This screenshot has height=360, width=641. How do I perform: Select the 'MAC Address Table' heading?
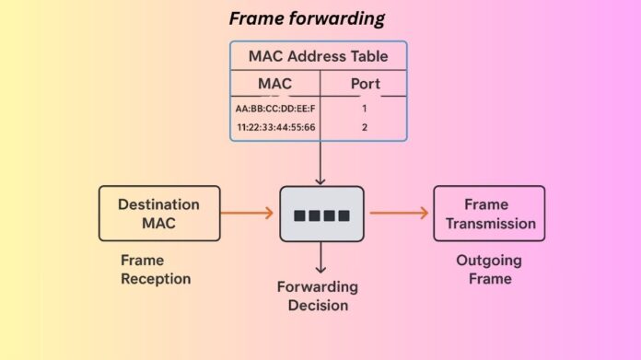pyautogui.click(x=318, y=56)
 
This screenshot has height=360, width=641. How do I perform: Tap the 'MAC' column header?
pyautogui.click(x=274, y=84)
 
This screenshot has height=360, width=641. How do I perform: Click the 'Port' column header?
pyautogui.click(x=365, y=84)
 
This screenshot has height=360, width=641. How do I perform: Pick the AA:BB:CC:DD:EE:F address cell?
pyautogui.click(x=274, y=109)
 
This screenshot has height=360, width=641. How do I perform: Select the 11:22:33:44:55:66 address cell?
pyautogui.click(x=274, y=127)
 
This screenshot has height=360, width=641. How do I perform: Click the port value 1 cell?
pyautogui.click(x=365, y=109)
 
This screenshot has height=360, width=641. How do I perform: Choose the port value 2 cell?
pyautogui.click(x=365, y=127)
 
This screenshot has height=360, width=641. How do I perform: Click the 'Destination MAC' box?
pyautogui.click(x=159, y=213)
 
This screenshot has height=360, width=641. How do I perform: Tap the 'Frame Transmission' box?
pyautogui.click(x=488, y=213)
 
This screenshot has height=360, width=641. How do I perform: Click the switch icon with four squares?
pyautogui.click(x=321, y=214)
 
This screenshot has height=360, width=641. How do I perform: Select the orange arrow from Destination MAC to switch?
pyautogui.click(x=249, y=214)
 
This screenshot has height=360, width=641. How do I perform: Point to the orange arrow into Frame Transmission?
pyautogui.click(x=400, y=214)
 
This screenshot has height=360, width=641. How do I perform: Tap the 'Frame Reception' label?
pyautogui.click(x=156, y=270)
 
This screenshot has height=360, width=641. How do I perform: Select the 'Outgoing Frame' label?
pyautogui.click(x=488, y=270)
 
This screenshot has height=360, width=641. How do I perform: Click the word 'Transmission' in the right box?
pyautogui.click(x=488, y=223)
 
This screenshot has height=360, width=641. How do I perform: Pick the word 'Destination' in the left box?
pyautogui.click(x=159, y=203)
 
